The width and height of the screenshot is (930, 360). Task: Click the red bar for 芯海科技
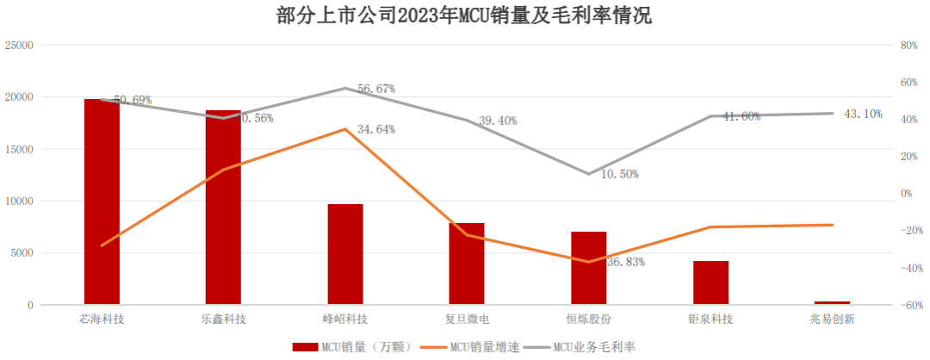pos(102,202)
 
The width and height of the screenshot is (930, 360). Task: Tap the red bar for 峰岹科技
pos(345,254)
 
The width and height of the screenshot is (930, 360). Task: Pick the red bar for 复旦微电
pos(467,264)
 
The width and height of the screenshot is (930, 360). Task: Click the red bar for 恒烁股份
pos(589,268)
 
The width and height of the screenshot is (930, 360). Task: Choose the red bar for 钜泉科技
pos(710,282)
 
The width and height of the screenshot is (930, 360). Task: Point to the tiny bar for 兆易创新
pos(832,302)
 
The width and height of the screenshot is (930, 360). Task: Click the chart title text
pos(465,16)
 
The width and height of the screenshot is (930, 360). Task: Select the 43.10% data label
pos(863,114)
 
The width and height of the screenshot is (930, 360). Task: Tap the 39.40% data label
pos(497,121)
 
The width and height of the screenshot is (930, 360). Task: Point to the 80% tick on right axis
pos(910,45)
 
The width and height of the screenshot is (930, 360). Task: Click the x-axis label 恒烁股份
pos(589,320)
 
